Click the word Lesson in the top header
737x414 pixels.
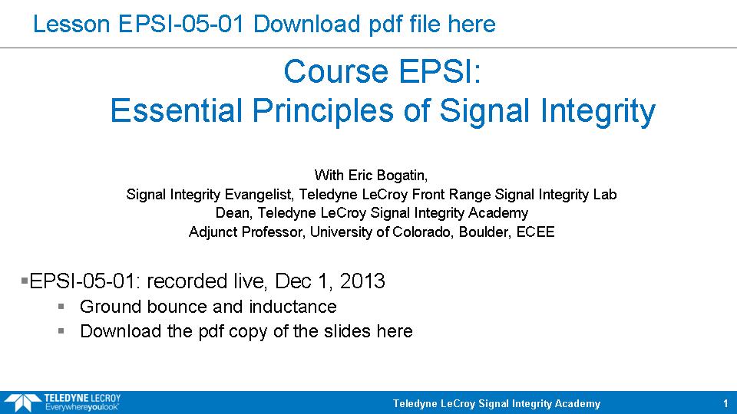[x=71, y=24]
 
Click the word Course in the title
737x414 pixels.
[x=335, y=72]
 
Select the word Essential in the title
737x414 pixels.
[x=177, y=110]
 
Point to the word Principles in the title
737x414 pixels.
[x=323, y=112]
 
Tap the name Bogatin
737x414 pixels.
[x=402, y=176]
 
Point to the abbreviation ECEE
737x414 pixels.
[x=535, y=232]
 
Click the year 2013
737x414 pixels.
[x=362, y=281]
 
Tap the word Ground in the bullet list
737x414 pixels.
[x=111, y=307]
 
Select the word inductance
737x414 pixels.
[x=292, y=307]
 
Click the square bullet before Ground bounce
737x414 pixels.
[x=61, y=307]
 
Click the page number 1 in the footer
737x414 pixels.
[x=725, y=403]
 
